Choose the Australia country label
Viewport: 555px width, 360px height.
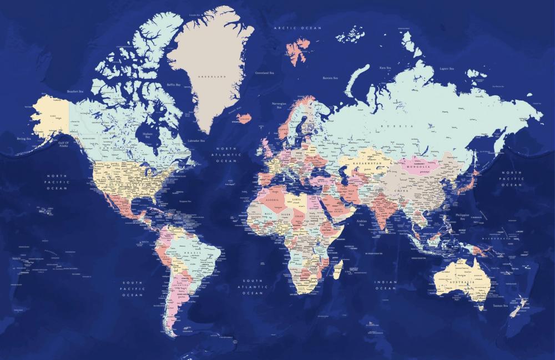(463, 282)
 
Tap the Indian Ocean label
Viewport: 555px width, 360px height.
(385, 285)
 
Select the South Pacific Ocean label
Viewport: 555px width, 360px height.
(133, 288)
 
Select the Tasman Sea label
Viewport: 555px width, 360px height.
(500, 305)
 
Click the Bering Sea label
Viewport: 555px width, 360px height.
(23, 139)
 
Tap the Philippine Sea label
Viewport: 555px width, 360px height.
(462, 216)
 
